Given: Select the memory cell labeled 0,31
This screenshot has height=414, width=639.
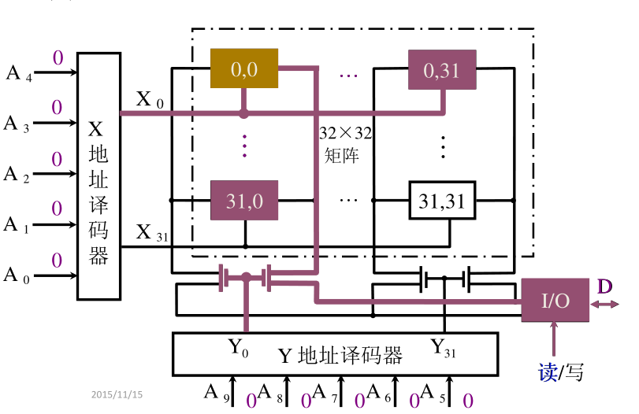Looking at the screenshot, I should pyautogui.click(x=441, y=69).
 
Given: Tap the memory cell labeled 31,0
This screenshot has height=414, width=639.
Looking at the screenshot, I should pyautogui.click(x=243, y=201).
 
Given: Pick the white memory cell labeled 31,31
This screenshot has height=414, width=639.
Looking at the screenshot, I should pyautogui.click(x=441, y=201).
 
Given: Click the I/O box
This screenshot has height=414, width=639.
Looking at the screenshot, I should pyautogui.click(x=555, y=300).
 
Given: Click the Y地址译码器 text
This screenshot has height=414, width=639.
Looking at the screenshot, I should pyautogui.click(x=340, y=356).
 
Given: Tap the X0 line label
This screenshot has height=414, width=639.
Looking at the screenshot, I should pyautogui.click(x=150, y=99).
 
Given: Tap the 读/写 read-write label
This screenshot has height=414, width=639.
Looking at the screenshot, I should pyautogui.click(x=561, y=372).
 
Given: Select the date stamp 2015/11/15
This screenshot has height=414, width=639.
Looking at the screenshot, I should pyautogui.click(x=122, y=394).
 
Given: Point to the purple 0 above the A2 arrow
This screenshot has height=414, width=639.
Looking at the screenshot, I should pyautogui.click(x=57, y=159).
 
